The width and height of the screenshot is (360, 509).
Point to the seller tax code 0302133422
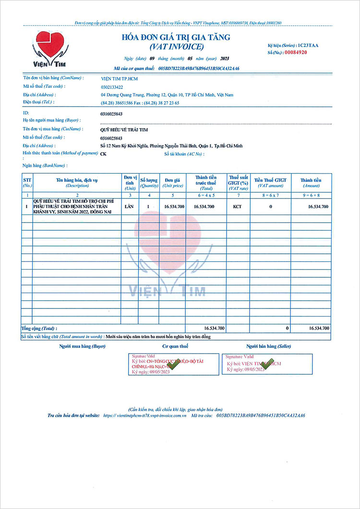coord(112,87)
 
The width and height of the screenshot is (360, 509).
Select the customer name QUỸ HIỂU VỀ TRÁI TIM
coord(124,130)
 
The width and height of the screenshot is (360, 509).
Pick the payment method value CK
coord(103,154)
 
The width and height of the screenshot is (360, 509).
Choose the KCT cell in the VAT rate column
coord(237,206)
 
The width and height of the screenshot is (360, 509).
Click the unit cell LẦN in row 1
coord(129,206)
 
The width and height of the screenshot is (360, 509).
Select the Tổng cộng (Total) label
coord(38,329)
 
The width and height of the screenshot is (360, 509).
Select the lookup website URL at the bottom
coord(145,415)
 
